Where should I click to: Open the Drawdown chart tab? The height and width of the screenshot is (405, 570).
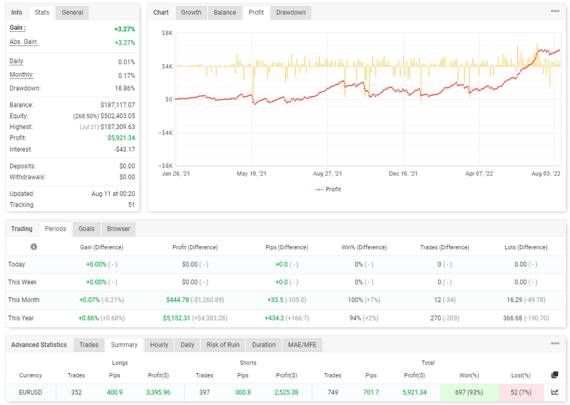pyautogui.click(x=291, y=12)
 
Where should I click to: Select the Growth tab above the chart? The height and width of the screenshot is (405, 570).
pyautogui.click(x=191, y=12)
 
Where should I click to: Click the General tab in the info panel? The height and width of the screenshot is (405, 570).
pyautogui.click(x=72, y=12)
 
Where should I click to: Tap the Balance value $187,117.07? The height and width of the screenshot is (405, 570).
pyautogui.click(x=118, y=105)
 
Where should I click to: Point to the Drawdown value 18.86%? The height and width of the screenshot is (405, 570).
pyautogui.click(x=125, y=88)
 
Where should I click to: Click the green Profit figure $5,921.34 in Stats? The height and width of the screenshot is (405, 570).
pyautogui.click(x=121, y=138)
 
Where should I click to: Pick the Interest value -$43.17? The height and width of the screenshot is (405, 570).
pyautogui.click(x=125, y=149)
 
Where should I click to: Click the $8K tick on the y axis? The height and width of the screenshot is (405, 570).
pyautogui.click(x=167, y=33)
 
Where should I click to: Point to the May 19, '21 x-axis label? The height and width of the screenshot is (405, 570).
pyautogui.click(x=251, y=173)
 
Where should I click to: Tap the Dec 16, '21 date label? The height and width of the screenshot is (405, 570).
pyautogui.click(x=403, y=173)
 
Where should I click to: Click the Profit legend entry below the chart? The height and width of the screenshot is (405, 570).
pyautogui.click(x=328, y=189)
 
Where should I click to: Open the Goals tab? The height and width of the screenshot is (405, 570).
pyautogui.click(x=86, y=229)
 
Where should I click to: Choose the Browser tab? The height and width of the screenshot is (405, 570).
pyautogui.click(x=119, y=229)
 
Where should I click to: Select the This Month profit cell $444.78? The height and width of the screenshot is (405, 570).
pyautogui.click(x=178, y=300)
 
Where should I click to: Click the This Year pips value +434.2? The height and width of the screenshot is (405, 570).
pyautogui.click(x=274, y=318)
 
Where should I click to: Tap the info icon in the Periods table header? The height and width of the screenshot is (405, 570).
pyautogui.click(x=34, y=247)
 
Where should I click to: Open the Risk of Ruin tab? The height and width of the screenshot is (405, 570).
pyautogui.click(x=223, y=345)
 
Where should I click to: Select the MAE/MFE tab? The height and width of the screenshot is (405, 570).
pyautogui.click(x=302, y=345)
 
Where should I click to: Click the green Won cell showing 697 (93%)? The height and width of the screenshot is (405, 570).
pyautogui.click(x=469, y=392)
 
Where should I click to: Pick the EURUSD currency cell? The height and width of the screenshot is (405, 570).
pyautogui.click(x=31, y=392)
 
